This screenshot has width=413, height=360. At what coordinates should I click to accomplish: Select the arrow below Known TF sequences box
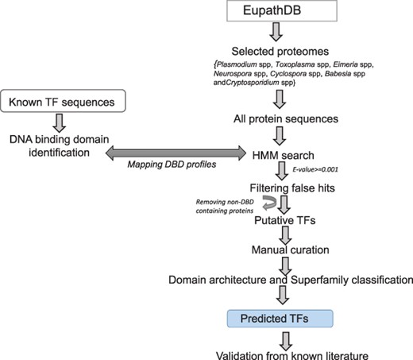coord(57,122)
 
